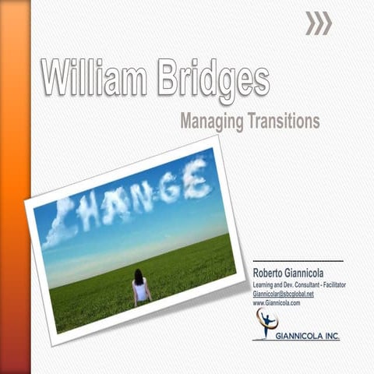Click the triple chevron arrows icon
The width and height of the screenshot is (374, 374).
click(x=318, y=24)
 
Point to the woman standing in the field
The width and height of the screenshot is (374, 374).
click(x=140, y=288)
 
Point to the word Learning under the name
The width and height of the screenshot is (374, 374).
click(x=266, y=284)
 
